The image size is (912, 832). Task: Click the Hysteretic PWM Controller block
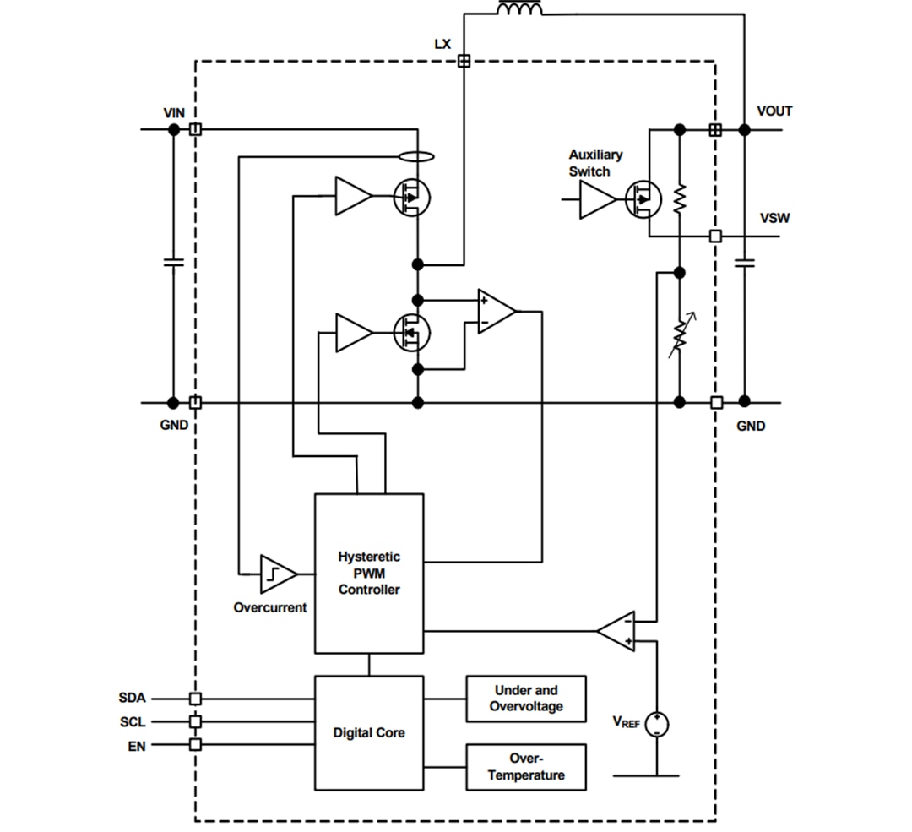pyautogui.click(x=369, y=573)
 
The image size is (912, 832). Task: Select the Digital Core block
pyautogui.click(x=369, y=732)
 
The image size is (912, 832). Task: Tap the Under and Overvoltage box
pyautogui.click(x=525, y=698)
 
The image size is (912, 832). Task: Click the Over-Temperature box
pyautogui.click(x=525, y=767)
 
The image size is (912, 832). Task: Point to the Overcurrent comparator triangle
pyautogui.click(x=276, y=574)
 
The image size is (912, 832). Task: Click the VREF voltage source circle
pyautogui.click(x=656, y=724)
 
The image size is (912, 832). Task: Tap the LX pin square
pyautogui.click(x=463, y=61)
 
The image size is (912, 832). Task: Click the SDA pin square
pyautogui.click(x=195, y=699)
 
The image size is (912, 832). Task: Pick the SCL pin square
pyautogui.click(x=195, y=721)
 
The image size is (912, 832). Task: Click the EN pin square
pyautogui.click(x=195, y=744)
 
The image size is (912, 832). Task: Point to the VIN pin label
pyautogui.click(x=175, y=112)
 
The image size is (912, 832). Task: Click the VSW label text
pyautogui.click(x=774, y=218)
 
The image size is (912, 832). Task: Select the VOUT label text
pyautogui.click(x=774, y=111)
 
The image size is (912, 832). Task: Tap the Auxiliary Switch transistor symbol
pyautogui.click(x=643, y=199)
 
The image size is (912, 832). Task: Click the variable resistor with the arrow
pyautogui.click(x=679, y=336)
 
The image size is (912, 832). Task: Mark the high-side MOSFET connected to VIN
pyautogui.click(x=411, y=198)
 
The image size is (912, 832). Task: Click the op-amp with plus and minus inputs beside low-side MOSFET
pyautogui.click(x=496, y=312)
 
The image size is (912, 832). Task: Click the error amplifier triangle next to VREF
pyautogui.click(x=617, y=630)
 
